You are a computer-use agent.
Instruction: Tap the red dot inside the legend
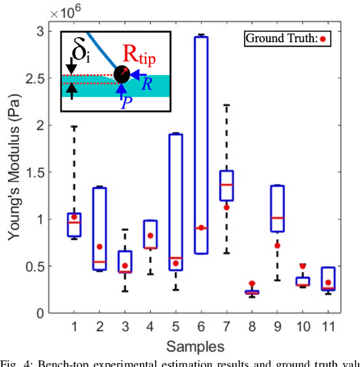click(x=323, y=39)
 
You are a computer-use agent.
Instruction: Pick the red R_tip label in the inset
click(x=139, y=55)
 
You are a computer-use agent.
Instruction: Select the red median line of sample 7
click(x=227, y=185)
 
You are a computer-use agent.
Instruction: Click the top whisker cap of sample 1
click(x=74, y=127)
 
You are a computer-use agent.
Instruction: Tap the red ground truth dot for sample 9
click(x=277, y=245)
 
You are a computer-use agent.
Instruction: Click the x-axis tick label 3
click(x=125, y=326)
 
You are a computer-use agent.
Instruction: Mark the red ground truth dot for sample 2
click(x=100, y=247)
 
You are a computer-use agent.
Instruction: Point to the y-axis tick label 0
click(x=40, y=313)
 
